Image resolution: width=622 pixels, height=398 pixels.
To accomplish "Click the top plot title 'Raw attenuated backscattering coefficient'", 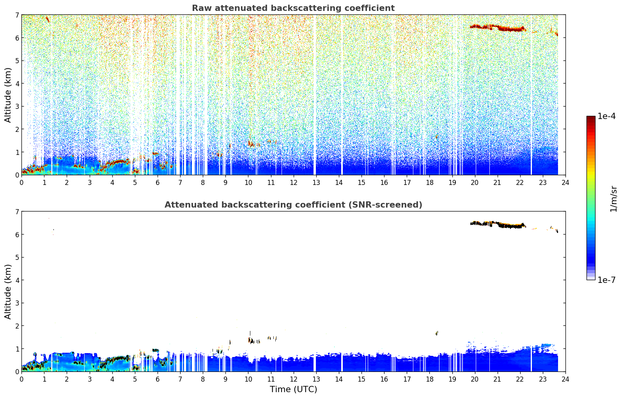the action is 293,8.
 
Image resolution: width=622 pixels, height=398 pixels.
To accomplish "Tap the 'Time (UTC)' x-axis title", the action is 293,389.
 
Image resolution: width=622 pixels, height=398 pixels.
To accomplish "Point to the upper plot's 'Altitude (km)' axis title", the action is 8,95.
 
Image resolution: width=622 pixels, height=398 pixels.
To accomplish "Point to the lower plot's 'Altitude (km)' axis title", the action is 8,291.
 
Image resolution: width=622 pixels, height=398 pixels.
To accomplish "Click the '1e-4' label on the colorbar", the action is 606,116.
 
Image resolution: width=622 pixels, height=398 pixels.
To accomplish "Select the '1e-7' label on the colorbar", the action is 606,280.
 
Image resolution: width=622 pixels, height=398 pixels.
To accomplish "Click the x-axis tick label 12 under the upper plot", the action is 294,183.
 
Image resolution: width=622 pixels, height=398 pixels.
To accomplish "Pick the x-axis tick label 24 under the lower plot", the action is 565,379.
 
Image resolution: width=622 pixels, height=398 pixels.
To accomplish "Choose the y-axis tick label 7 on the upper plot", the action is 17,15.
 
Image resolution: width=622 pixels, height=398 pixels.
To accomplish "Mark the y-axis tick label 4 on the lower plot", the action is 17,280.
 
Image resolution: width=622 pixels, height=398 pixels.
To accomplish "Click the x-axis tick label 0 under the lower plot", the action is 22,379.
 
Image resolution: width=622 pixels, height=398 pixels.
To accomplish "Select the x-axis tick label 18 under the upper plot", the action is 430,183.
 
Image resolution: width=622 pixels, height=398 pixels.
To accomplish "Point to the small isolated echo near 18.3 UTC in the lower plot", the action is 437,333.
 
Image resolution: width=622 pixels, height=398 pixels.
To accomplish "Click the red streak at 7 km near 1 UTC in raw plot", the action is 48,19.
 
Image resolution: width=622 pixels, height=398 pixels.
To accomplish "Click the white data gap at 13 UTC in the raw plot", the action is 315,94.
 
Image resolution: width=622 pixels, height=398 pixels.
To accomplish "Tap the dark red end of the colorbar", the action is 591,118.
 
